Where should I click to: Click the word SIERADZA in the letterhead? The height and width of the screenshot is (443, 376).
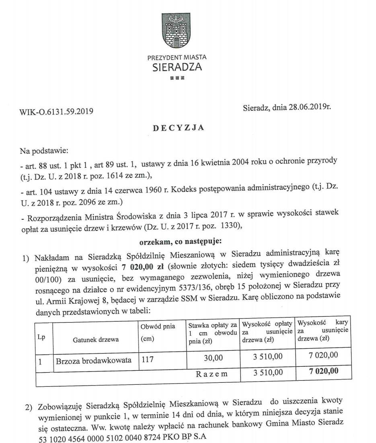[x=177, y=67]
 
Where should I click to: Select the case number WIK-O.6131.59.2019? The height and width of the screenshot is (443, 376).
[x=56, y=111]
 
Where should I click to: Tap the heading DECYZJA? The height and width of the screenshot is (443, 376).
[x=179, y=128]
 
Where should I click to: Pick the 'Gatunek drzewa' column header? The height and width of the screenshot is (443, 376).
[x=96, y=339]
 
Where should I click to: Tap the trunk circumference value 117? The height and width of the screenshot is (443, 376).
[x=148, y=360]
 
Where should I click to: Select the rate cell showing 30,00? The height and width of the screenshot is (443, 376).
[x=213, y=357]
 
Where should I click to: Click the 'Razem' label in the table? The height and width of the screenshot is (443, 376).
[x=212, y=374]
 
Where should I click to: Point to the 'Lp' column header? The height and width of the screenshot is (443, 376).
[x=41, y=337]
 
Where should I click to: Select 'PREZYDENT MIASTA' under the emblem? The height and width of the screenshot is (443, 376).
[x=177, y=57]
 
